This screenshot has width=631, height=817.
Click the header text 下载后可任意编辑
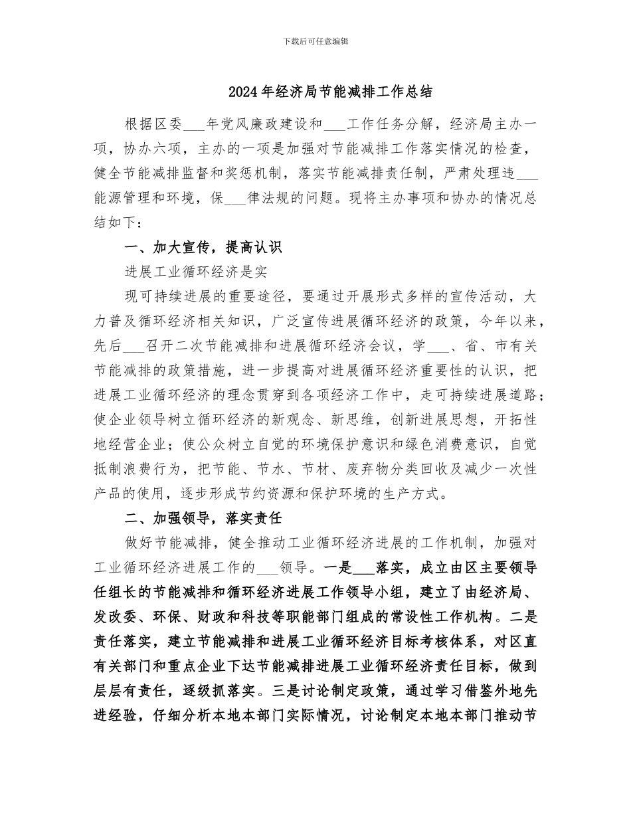(315, 41)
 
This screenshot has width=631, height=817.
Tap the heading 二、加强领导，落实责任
(203, 518)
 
